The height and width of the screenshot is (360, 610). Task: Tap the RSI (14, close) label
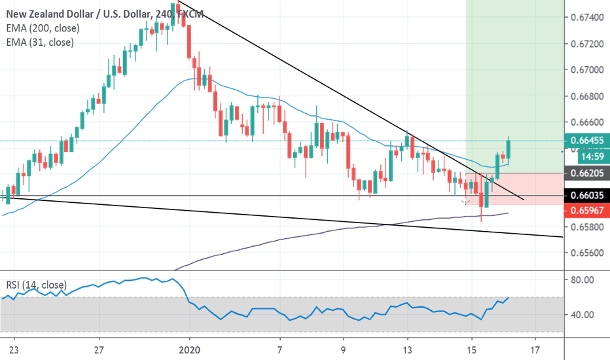pos(36,285)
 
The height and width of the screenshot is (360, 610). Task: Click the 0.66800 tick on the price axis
pos(587,96)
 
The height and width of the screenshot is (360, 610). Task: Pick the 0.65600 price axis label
pos(587,253)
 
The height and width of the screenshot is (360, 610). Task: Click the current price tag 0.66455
pos(587,140)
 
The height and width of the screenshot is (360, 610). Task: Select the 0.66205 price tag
pos(587,173)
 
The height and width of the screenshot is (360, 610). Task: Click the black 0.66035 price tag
pos(587,196)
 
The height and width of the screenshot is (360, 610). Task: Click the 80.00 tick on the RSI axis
pos(583,280)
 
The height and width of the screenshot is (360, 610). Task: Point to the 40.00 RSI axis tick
pos(583,315)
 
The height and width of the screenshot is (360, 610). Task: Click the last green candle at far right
pos(509,150)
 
